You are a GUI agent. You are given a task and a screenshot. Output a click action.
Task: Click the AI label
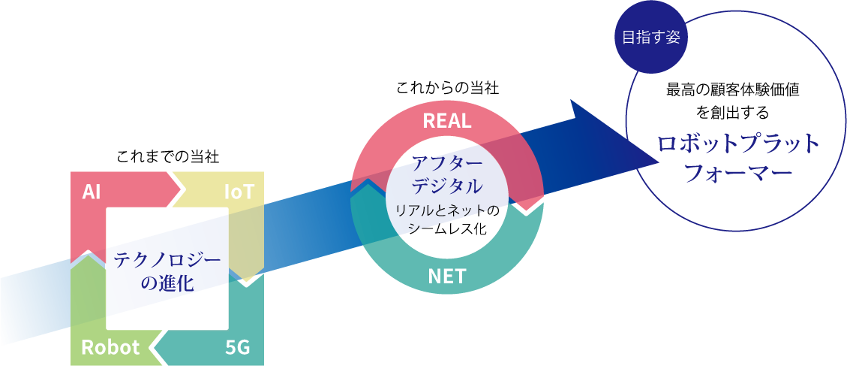pyautogui.click(x=92, y=192)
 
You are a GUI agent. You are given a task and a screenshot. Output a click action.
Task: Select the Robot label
pyautogui.click(x=110, y=347)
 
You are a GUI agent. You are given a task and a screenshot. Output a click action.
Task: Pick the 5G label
pyautogui.click(x=237, y=347)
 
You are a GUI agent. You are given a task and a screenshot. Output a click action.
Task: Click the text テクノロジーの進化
pyautogui.click(x=167, y=271)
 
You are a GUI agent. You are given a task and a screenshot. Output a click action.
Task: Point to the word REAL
pyautogui.click(x=447, y=121)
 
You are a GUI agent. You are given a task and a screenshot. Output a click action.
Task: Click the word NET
pyautogui.click(x=447, y=276)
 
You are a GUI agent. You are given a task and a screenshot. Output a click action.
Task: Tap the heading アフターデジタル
pyautogui.click(x=447, y=173)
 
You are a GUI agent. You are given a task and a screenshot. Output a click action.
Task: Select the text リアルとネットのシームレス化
pyautogui.click(x=447, y=218)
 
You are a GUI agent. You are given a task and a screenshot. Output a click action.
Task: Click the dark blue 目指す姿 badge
pyautogui.click(x=650, y=38)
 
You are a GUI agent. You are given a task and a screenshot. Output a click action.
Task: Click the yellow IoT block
pyautogui.click(x=248, y=225)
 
